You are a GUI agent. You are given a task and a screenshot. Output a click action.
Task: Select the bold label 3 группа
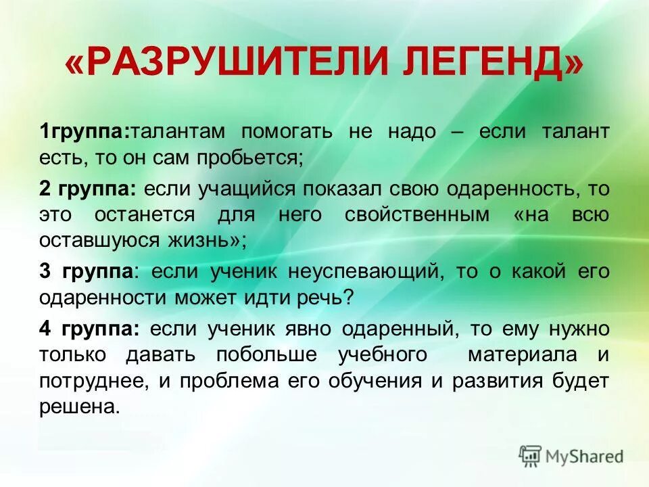pos(86,271)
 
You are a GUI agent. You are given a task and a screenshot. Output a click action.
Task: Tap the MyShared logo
pos(572,456)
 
